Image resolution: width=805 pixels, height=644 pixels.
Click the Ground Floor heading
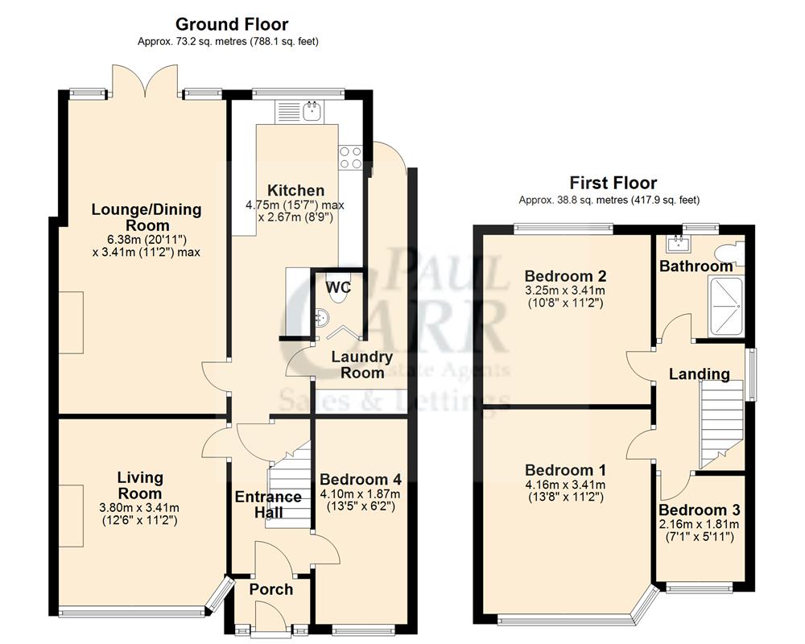(232, 25)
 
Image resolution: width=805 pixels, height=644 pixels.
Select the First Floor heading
(613, 183)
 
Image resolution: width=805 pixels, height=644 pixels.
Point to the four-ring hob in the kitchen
(350, 157)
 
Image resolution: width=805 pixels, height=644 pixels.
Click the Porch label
(270, 590)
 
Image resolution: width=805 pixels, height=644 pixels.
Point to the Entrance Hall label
(268, 505)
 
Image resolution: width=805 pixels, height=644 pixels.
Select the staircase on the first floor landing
(721, 423)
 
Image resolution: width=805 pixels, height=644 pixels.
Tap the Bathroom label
(696, 266)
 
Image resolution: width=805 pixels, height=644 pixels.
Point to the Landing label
(699, 374)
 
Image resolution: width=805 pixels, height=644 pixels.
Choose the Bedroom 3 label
(699, 510)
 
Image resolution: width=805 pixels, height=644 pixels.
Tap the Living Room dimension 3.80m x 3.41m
(139, 508)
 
